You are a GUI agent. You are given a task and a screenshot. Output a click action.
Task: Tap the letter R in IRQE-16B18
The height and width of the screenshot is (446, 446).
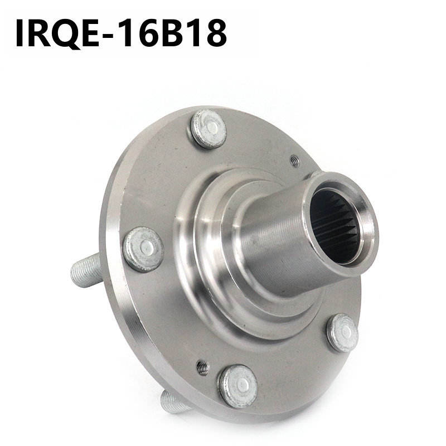coord(40,33)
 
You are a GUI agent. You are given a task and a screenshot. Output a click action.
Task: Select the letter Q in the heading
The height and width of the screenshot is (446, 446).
coord(66,34)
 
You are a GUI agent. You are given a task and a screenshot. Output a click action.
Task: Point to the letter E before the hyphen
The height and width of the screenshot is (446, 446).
coord(91,33)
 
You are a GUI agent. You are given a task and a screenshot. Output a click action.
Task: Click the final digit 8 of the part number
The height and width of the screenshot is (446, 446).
coord(216,33)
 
